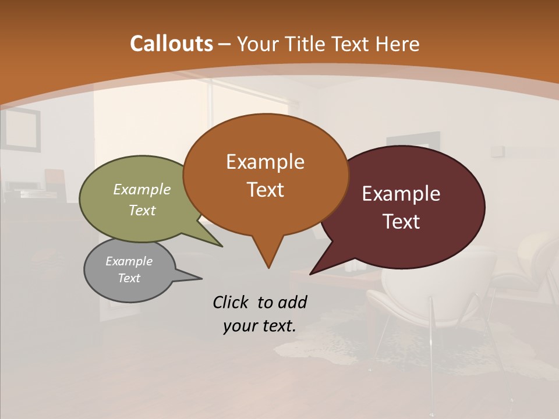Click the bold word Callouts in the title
coord(171,44)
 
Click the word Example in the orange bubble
coord(265,162)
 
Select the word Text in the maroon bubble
coord(401,222)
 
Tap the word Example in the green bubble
coord(142,189)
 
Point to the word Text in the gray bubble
coord(129,278)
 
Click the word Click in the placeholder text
coord(231,302)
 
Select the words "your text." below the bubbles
coord(260,326)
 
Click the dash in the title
coord(225,44)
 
